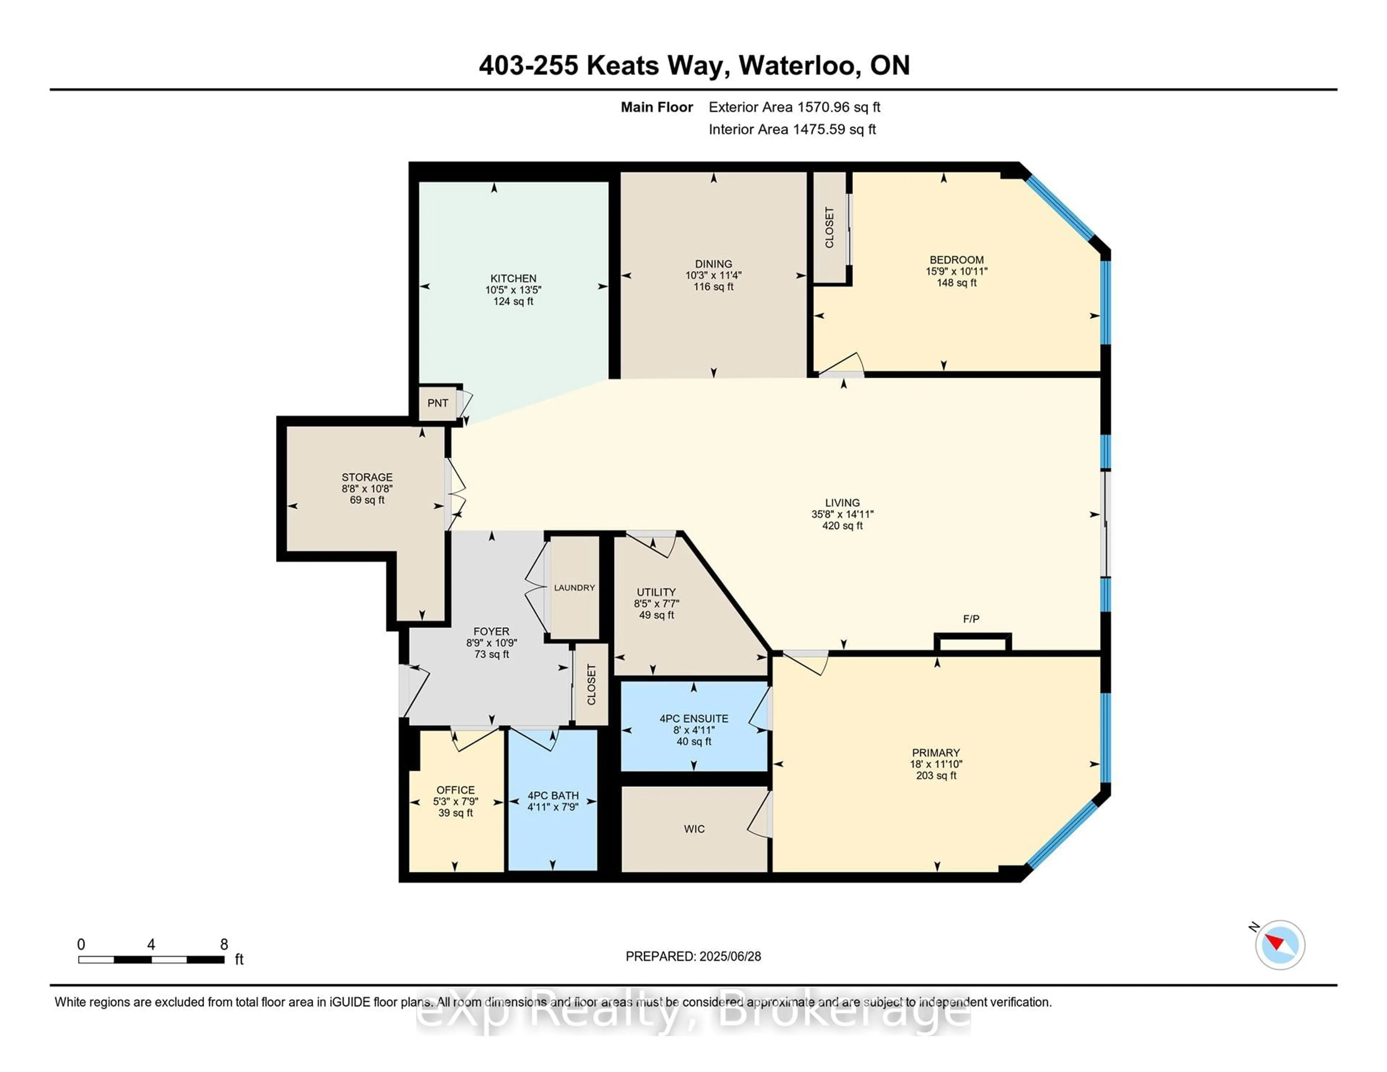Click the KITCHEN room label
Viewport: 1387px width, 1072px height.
513,278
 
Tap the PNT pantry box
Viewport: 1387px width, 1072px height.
437,403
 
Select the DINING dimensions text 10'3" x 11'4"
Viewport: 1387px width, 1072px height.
713,275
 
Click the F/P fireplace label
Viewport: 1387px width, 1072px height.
971,619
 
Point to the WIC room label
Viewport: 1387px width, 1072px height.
694,829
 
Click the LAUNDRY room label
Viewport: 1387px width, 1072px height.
574,587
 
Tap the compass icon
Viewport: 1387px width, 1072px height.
1280,945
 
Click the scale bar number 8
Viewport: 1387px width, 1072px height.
224,945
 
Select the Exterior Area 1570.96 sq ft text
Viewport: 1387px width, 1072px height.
794,107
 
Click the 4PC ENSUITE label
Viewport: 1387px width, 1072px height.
693,718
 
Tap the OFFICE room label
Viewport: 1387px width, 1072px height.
455,790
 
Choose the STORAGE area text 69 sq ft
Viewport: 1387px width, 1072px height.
367,500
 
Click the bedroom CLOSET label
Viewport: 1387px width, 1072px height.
829,227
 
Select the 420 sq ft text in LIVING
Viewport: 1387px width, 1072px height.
842,526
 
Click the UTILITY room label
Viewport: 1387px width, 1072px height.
656,592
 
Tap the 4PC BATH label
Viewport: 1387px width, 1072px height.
553,795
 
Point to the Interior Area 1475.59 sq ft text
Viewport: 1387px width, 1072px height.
792,130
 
